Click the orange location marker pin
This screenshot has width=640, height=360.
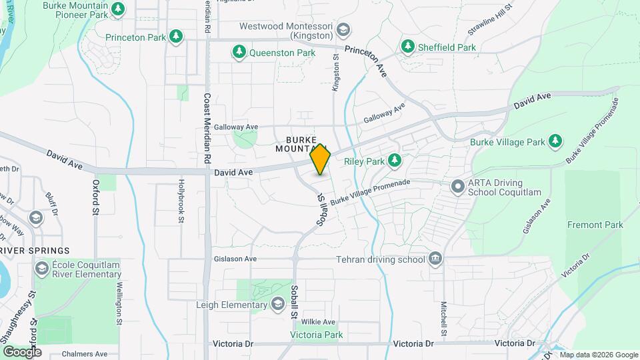point(321,159)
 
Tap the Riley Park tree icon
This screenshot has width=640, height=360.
point(395,160)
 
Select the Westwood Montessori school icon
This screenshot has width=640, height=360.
point(342,30)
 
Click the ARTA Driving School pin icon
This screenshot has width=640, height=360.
point(458,187)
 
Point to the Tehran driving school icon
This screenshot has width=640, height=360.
point(435,259)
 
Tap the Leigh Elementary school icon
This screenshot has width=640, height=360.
point(277,305)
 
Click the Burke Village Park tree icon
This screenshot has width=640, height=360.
point(555,141)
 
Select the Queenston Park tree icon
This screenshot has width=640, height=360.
point(239,51)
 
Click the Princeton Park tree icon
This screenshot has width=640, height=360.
point(175,37)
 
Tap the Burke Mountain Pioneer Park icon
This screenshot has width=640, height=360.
point(118,9)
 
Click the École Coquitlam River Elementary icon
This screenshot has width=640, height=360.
point(41,269)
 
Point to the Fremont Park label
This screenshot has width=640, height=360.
point(595,225)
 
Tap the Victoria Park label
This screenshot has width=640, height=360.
point(316,335)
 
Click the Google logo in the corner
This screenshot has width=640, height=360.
point(22,351)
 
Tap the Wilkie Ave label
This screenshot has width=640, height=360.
point(318,321)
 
